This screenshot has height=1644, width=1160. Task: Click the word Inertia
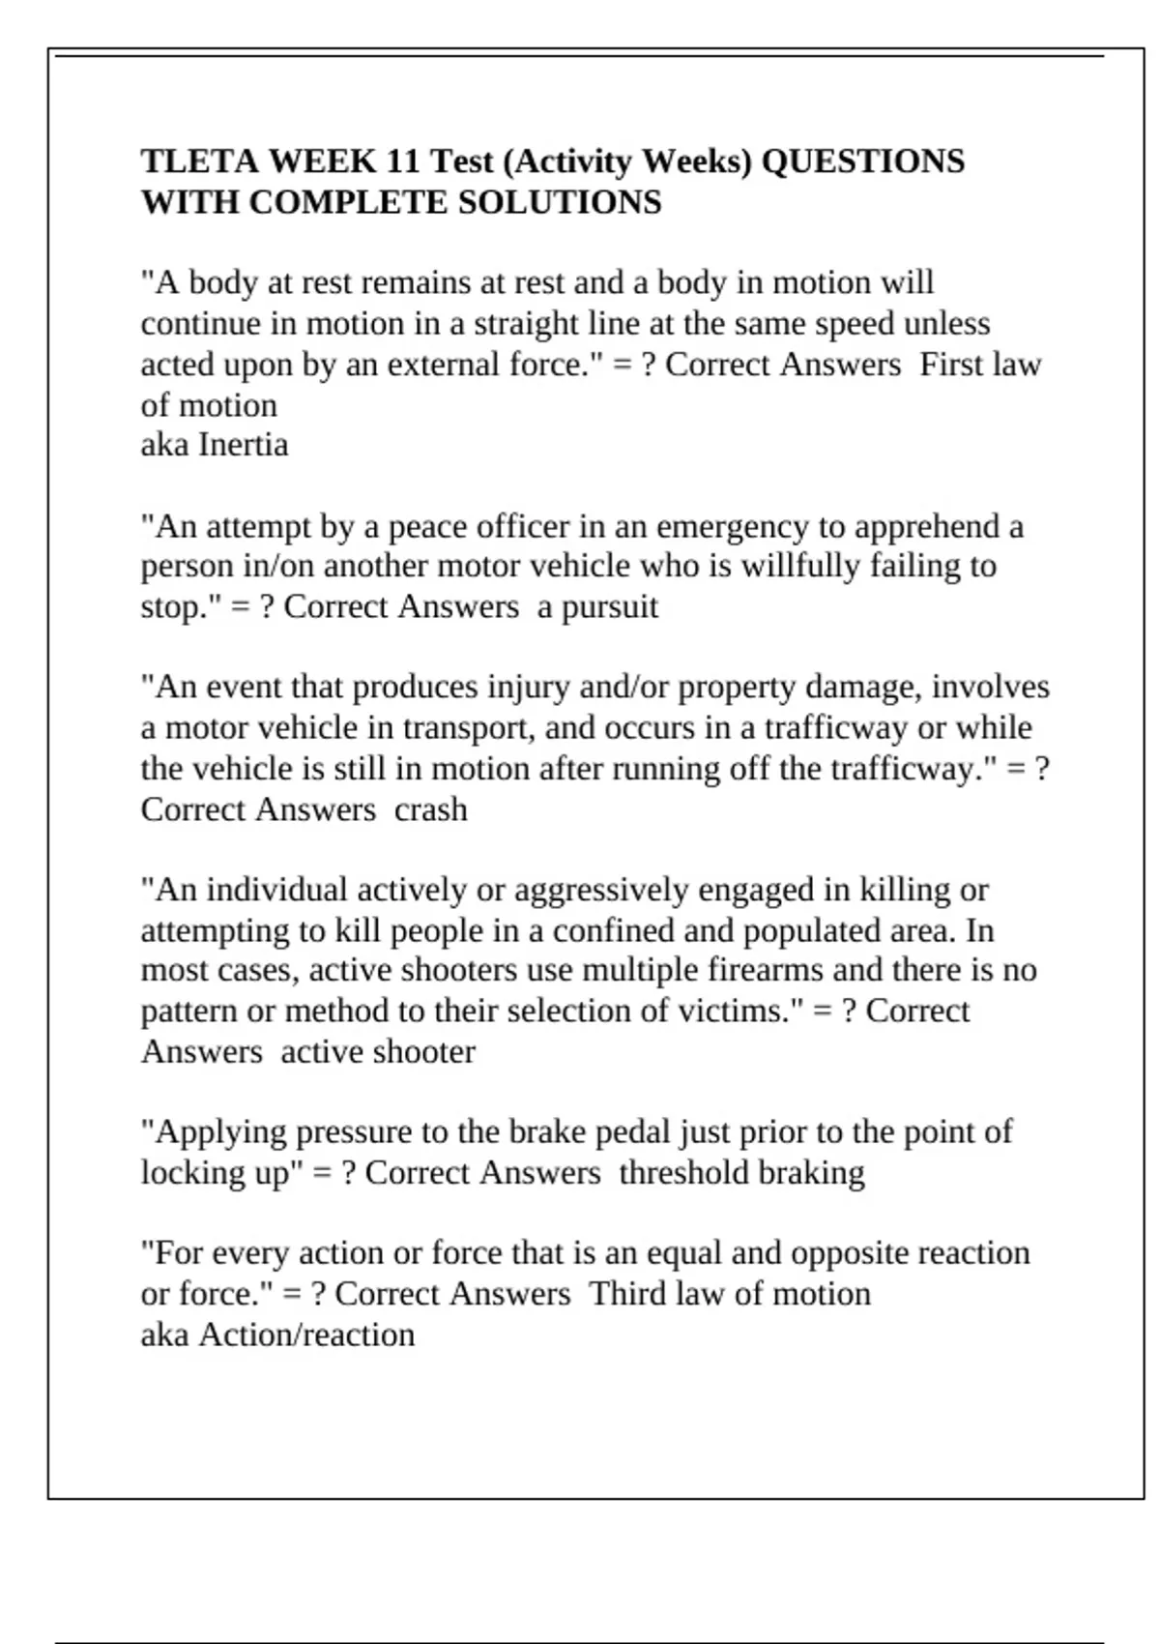click(x=243, y=445)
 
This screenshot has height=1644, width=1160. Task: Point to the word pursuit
click(x=610, y=607)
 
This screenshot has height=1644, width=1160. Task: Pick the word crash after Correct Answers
click(x=430, y=809)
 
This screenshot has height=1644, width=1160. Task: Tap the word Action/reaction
click(x=306, y=1335)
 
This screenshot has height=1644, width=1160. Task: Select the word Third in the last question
click(x=627, y=1294)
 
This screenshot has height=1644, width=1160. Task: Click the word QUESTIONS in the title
click(x=862, y=161)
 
